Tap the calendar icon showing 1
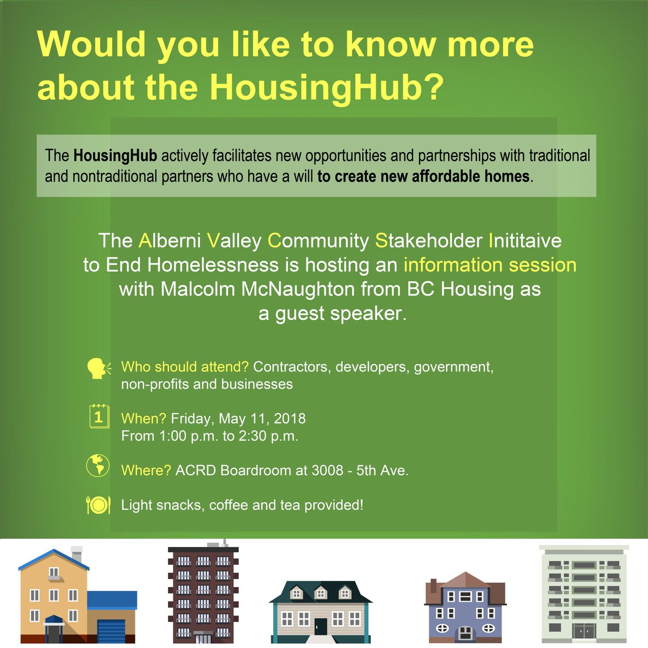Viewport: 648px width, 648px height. click(98, 417)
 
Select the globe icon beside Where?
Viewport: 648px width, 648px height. click(98, 466)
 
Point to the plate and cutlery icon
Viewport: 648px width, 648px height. click(98, 504)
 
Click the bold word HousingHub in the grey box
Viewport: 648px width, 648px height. click(115, 156)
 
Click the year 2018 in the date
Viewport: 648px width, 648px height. click(289, 418)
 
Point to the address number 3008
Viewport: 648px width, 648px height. click(327, 470)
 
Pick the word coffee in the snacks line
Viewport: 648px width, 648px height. click(228, 505)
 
